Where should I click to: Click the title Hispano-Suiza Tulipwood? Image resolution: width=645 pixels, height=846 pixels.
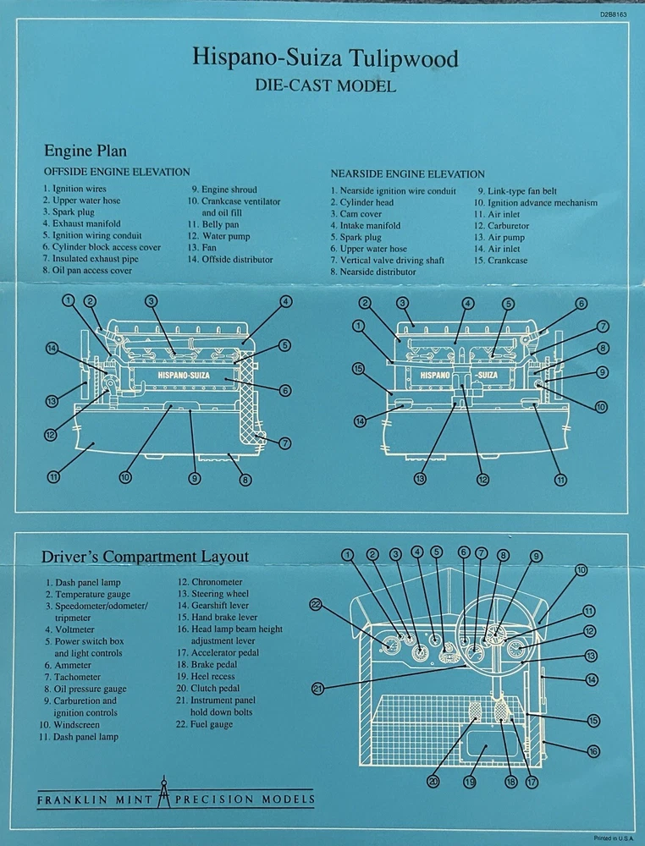325,58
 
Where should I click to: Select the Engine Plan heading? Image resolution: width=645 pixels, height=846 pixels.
85,151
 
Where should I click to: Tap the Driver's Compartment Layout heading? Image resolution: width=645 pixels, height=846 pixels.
146,556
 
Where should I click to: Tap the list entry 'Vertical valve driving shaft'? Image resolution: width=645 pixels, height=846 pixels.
387,261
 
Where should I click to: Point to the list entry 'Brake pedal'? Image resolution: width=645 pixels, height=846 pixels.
207,665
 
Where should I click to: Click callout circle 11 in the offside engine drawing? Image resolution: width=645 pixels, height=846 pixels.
53,477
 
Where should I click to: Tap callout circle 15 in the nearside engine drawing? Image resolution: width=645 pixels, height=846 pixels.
358,369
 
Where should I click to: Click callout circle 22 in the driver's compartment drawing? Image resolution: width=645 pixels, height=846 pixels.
317,604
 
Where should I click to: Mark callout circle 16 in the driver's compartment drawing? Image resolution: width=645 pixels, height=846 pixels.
593,750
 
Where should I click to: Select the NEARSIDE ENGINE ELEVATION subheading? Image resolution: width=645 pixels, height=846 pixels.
407,173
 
